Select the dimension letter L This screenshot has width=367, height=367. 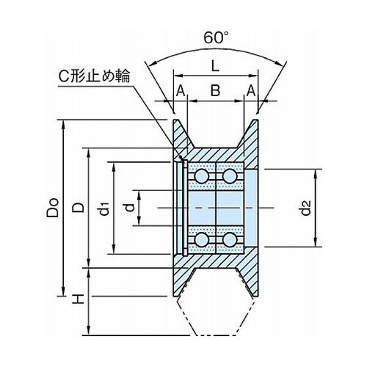click(x=215, y=65)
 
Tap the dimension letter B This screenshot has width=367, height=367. click(x=215, y=90)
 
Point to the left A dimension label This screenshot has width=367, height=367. click(x=181, y=91)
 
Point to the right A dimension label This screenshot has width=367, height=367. click(x=251, y=91)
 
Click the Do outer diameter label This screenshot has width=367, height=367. click(x=53, y=208)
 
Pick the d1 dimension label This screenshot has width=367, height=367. click(x=104, y=208)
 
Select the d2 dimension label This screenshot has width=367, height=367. click(x=305, y=208)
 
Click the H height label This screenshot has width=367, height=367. click(x=78, y=299)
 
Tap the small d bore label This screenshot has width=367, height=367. click(x=130, y=208)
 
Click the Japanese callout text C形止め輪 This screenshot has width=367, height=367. click(x=94, y=77)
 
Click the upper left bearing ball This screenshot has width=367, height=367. click(x=202, y=175)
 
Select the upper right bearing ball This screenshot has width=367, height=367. click(x=229, y=175)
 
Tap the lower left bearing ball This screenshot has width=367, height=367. click(x=202, y=239)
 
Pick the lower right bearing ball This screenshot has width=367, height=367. click(x=229, y=239)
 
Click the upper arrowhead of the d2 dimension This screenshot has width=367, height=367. click(x=316, y=173)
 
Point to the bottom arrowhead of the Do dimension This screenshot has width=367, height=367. click(x=63, y=292)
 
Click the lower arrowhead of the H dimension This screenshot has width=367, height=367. click(x=89, y=331)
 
